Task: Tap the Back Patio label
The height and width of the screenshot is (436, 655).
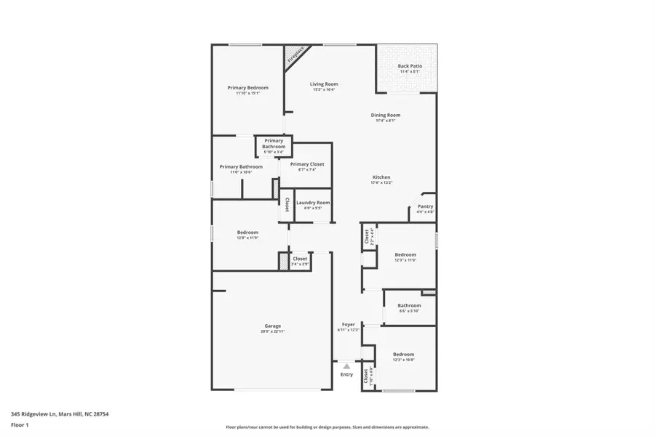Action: coord(410,66)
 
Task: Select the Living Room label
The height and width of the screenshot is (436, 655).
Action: coord(324,84)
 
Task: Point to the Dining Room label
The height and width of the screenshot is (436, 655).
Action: coord(386,115)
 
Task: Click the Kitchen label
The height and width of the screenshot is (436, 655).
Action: coord(382,177)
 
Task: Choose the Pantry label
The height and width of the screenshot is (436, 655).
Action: coord(425,206)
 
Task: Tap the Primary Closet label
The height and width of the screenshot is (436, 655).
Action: coord(307,164)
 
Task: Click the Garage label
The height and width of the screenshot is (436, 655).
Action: coord(273,326)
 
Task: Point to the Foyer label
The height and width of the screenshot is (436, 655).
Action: coord(349,324)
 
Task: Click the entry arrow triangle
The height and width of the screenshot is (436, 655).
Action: coord(346,367)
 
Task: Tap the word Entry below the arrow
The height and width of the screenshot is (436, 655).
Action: coord(346,374)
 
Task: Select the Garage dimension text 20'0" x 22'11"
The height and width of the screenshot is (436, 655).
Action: coord(273,331)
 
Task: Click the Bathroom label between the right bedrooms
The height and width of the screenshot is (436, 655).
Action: coord(410,305)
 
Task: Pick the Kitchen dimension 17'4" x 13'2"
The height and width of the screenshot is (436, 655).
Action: coord(382,183)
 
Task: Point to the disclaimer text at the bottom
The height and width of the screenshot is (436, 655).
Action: coord(327,427)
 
